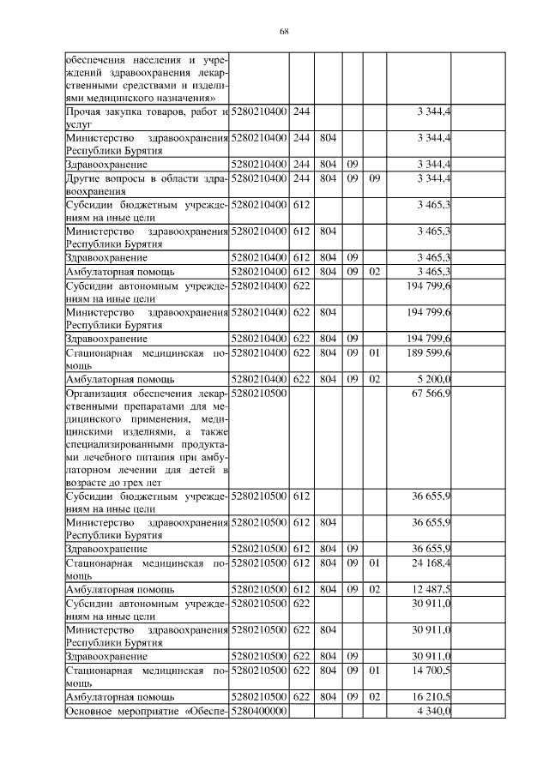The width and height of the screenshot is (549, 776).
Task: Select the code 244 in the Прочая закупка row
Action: pos(301,112)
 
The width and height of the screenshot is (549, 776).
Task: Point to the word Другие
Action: pos(83,178)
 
